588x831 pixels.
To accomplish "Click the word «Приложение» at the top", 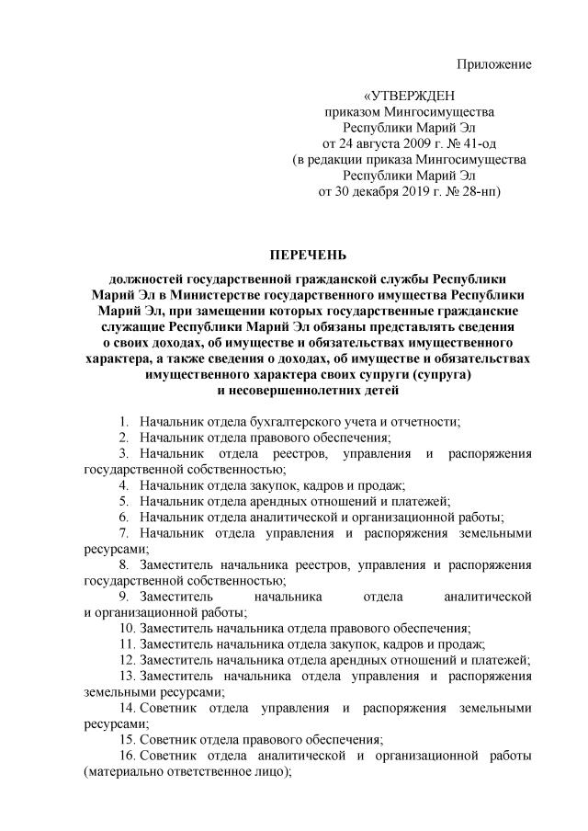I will click(495, 63).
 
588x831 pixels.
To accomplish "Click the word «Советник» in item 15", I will click(171, 739).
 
